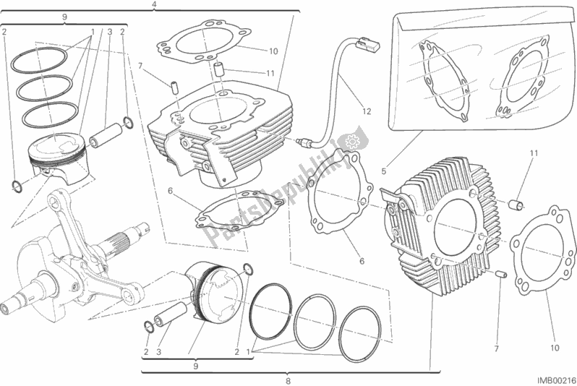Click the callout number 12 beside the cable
pos(367,111)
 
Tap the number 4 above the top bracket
pos(154,5)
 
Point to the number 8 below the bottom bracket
pos(288,380)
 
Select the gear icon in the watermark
pos(353,140)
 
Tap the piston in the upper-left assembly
pos(61,163)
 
